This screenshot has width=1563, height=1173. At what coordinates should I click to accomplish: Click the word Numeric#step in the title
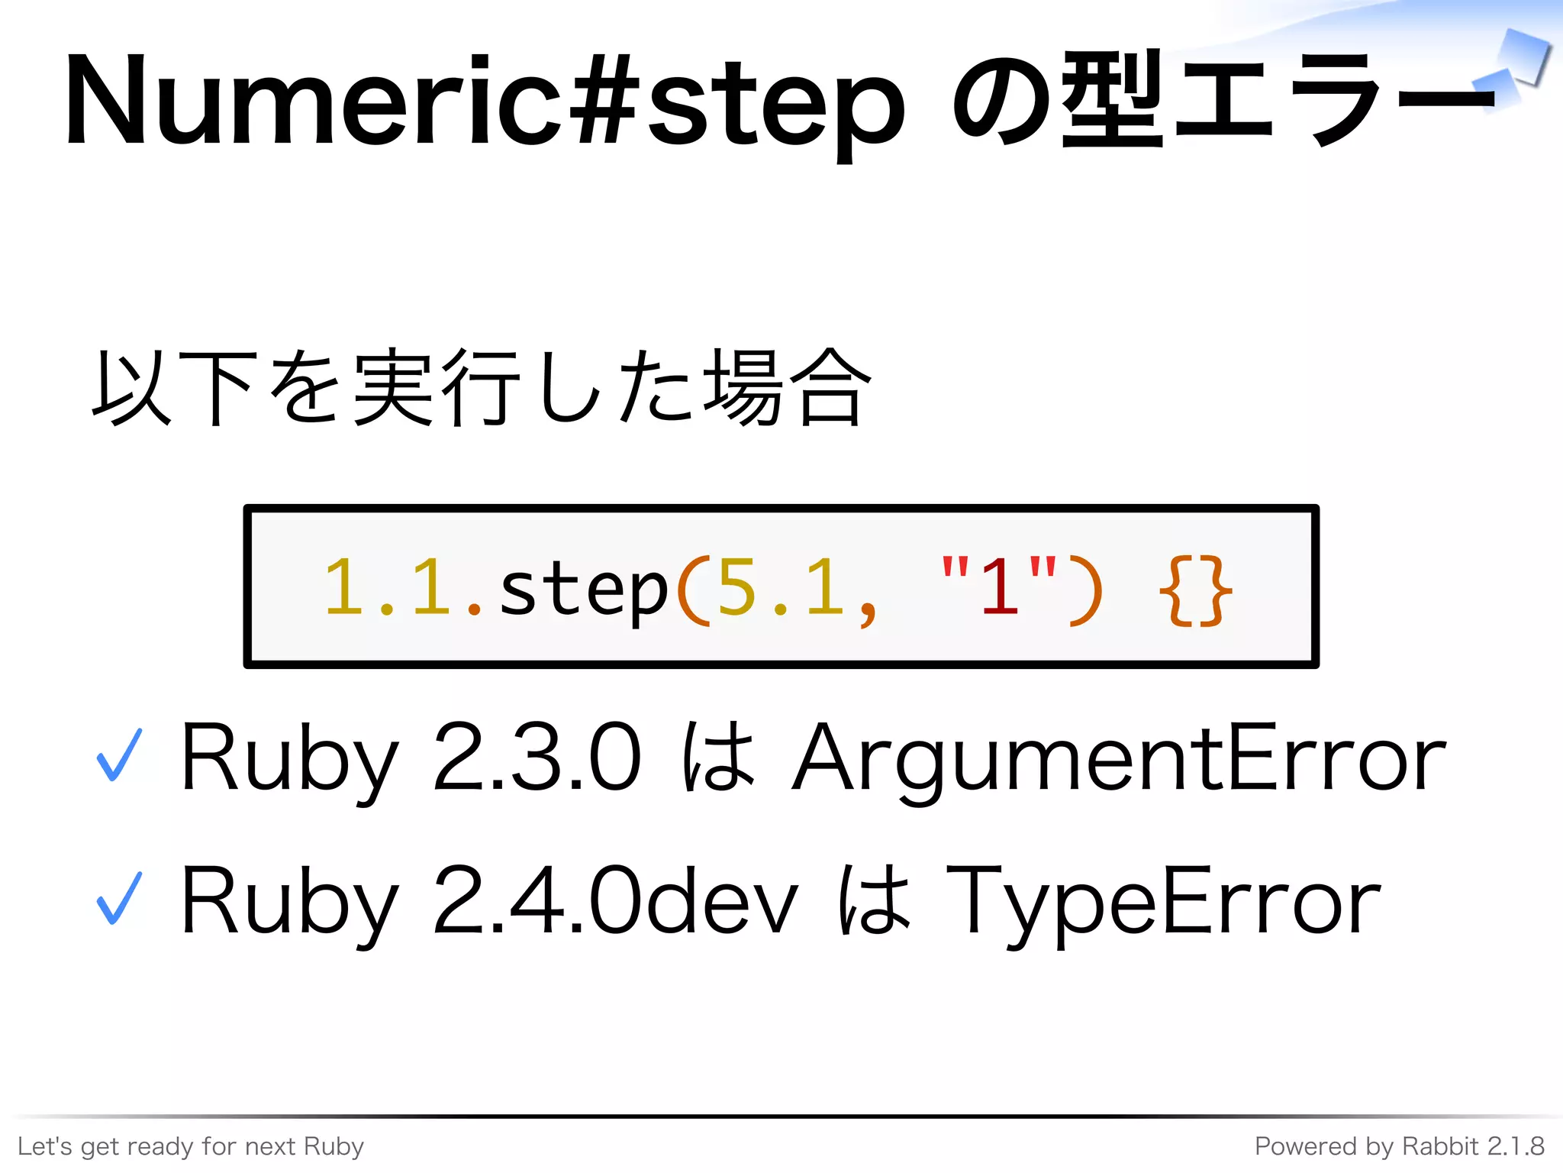point(485,102)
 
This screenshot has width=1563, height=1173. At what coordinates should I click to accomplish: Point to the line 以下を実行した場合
point(481,387)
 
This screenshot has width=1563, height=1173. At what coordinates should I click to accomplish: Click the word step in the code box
point(584,588)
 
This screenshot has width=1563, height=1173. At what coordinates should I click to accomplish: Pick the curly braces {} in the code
point(1194,590)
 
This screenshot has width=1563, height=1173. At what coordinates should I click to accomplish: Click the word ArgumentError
point(1118,758)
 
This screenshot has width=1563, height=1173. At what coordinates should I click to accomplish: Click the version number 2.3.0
point(537,758)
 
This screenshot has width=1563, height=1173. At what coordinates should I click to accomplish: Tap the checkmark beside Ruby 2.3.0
point(119,755)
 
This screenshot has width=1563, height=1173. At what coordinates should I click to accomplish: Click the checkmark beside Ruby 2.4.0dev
point(119,897)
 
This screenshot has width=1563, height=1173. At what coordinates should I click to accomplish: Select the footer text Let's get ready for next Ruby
point(191,1146)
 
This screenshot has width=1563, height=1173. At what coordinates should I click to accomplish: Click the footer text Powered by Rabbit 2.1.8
point(1400,1146)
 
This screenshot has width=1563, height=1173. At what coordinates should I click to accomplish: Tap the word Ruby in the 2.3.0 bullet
point(288,758)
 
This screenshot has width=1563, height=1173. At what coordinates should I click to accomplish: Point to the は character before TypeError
point(874,900)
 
